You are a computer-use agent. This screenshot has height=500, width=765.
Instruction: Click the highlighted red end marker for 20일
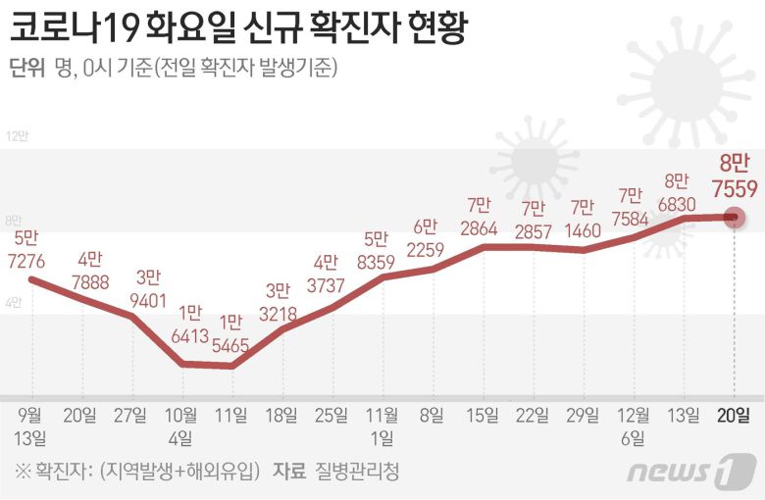[733, 217]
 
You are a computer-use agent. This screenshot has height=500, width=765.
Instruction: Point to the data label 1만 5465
[231, 335]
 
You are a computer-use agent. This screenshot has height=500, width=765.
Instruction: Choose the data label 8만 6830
[678, 193]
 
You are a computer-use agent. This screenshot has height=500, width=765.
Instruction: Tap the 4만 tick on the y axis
[14, 303]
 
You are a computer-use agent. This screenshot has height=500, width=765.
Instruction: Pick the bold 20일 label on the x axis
[734, 415]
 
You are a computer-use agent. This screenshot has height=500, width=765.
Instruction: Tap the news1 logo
[691, 471]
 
